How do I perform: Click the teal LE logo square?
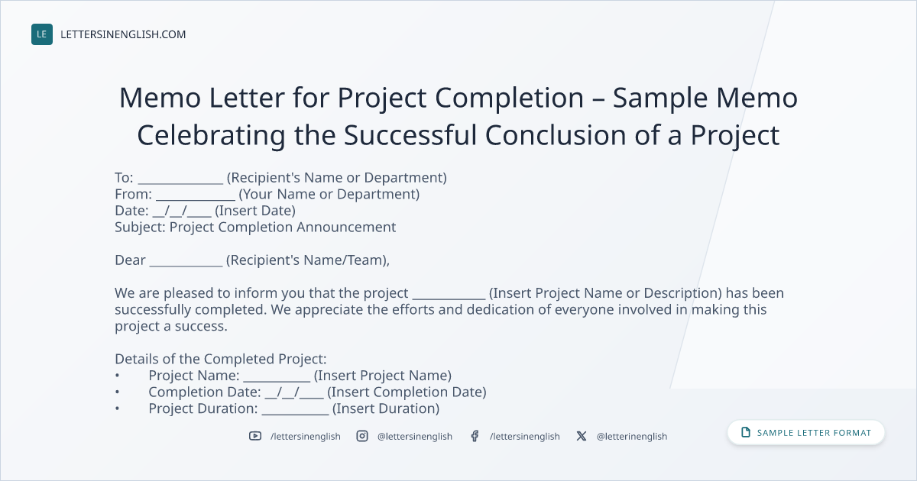(42, 34)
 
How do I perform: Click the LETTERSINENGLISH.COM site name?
(123, 34)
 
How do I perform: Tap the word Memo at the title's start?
(160, 98)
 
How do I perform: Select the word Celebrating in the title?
(211, 135)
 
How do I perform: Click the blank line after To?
(180, 182)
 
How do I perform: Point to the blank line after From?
(196, 199)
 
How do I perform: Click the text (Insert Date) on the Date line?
(255, 211)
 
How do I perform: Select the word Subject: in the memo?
(140, 228)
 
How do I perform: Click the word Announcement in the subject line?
(346, 227)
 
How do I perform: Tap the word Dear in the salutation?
(130, 260)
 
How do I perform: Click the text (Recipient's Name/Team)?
(306, 260)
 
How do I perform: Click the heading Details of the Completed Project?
(221, 359)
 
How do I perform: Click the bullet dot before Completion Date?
(118, 392)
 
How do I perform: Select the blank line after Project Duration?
(295, 414)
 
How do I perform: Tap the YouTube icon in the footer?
(255, 436)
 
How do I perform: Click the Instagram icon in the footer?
(362, 436)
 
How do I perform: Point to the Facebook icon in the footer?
(475, 436)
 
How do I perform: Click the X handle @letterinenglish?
(632, 437)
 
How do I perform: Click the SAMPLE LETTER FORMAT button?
(806, 433)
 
